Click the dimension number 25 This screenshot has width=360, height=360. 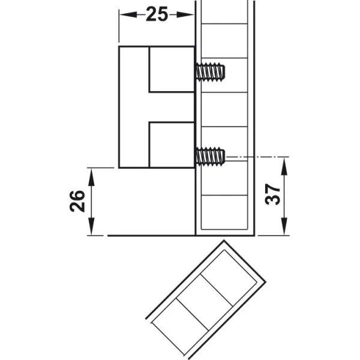[157, 14]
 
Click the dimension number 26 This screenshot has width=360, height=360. [77, 201]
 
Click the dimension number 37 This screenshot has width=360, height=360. [272, 194]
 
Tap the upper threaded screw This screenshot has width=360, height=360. [211, 71]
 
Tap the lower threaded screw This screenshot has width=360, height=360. [211, 156]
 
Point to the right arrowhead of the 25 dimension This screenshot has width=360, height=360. [185, 15]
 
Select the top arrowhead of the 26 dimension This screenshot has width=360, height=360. [91, 177]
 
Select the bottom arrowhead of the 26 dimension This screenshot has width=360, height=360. [91, 226]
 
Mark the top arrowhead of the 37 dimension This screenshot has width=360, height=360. [284, 166]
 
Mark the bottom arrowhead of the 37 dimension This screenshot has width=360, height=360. [284, 226]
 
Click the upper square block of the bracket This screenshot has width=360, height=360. [172, 70]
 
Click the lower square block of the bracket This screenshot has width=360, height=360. [172, 145]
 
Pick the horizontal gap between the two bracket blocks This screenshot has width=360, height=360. [172, 107]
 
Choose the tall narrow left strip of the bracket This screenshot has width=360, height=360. [134, 107]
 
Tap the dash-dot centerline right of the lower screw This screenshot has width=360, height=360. [257, 157]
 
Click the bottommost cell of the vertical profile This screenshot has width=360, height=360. [224, 212]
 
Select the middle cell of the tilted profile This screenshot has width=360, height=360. [205, 302]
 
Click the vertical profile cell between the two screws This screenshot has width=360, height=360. [224, 109]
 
